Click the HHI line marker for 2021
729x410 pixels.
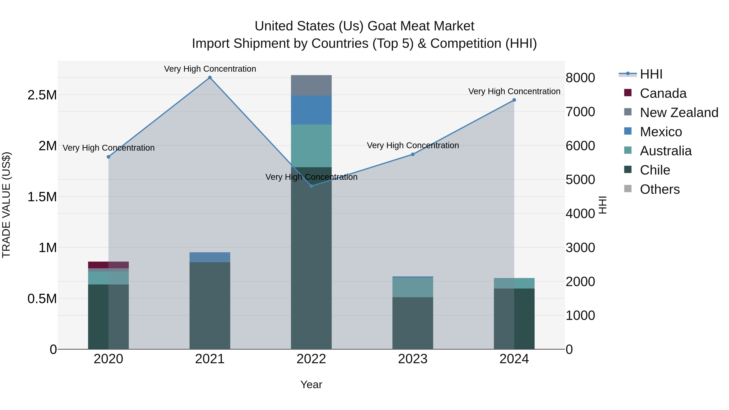210,78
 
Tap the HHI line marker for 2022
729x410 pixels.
311,186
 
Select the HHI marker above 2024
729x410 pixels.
514,100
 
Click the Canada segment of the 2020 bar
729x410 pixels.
108,265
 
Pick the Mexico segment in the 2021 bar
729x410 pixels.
210,257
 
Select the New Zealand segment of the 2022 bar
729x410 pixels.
311,85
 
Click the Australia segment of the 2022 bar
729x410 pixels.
311,146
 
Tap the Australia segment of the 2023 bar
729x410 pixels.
413,288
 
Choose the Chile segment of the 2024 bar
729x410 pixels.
514,319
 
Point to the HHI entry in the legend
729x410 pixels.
651,74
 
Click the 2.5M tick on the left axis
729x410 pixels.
42,95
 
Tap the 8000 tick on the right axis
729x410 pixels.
580,78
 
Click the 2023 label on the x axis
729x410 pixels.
413,359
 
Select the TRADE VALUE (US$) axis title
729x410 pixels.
6,205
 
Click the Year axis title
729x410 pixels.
311,384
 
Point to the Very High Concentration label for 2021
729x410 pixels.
210,69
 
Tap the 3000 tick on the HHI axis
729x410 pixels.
580,248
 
